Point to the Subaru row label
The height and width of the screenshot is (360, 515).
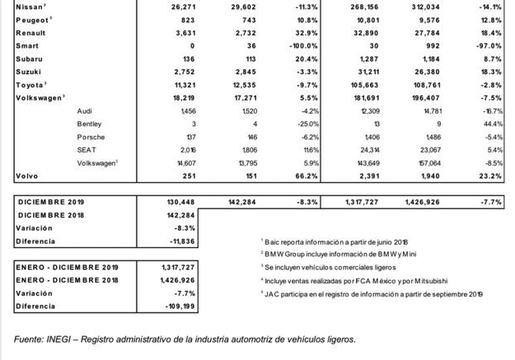30,58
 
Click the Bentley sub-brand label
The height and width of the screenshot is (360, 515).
88,124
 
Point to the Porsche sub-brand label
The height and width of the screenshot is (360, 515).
89,137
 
